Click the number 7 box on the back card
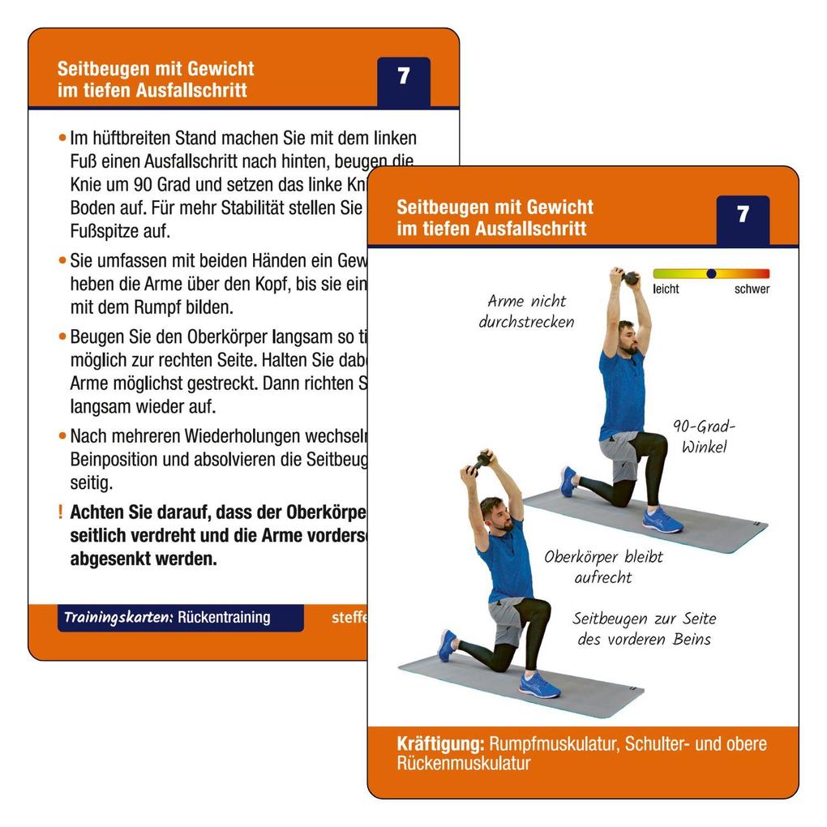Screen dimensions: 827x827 pyautogui.click(x=403, y=78)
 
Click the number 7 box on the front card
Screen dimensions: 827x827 pyautogui.click(x=743, y=216)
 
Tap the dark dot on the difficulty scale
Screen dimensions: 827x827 pyautogui.click(x=711, y=274)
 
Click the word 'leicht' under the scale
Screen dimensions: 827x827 pyautogui.click(x=666, y=289)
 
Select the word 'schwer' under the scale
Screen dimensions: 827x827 pyautogui.click(x=752, y=289)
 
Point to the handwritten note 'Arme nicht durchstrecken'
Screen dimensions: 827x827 pyautogui.click(x=526, y=311)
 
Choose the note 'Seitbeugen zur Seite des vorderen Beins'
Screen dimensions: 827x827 pyautogui.click(x=644, y=629)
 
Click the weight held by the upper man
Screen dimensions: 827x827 pyautogui.click(x=630, y=277)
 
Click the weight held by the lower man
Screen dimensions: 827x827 pyautogui.click(x=483, y=460)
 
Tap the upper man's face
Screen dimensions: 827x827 pyautogui.click(x=626, y=336)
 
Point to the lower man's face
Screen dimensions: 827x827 pyautogui.click(x=496, y=514)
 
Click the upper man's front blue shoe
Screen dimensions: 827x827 pyautogui.click(x=663, y=521)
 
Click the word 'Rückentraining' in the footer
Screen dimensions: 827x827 pyautogui.click(x=224, y=617)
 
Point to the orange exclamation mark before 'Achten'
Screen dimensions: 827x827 pyautogui.click(x=60, y=512)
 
